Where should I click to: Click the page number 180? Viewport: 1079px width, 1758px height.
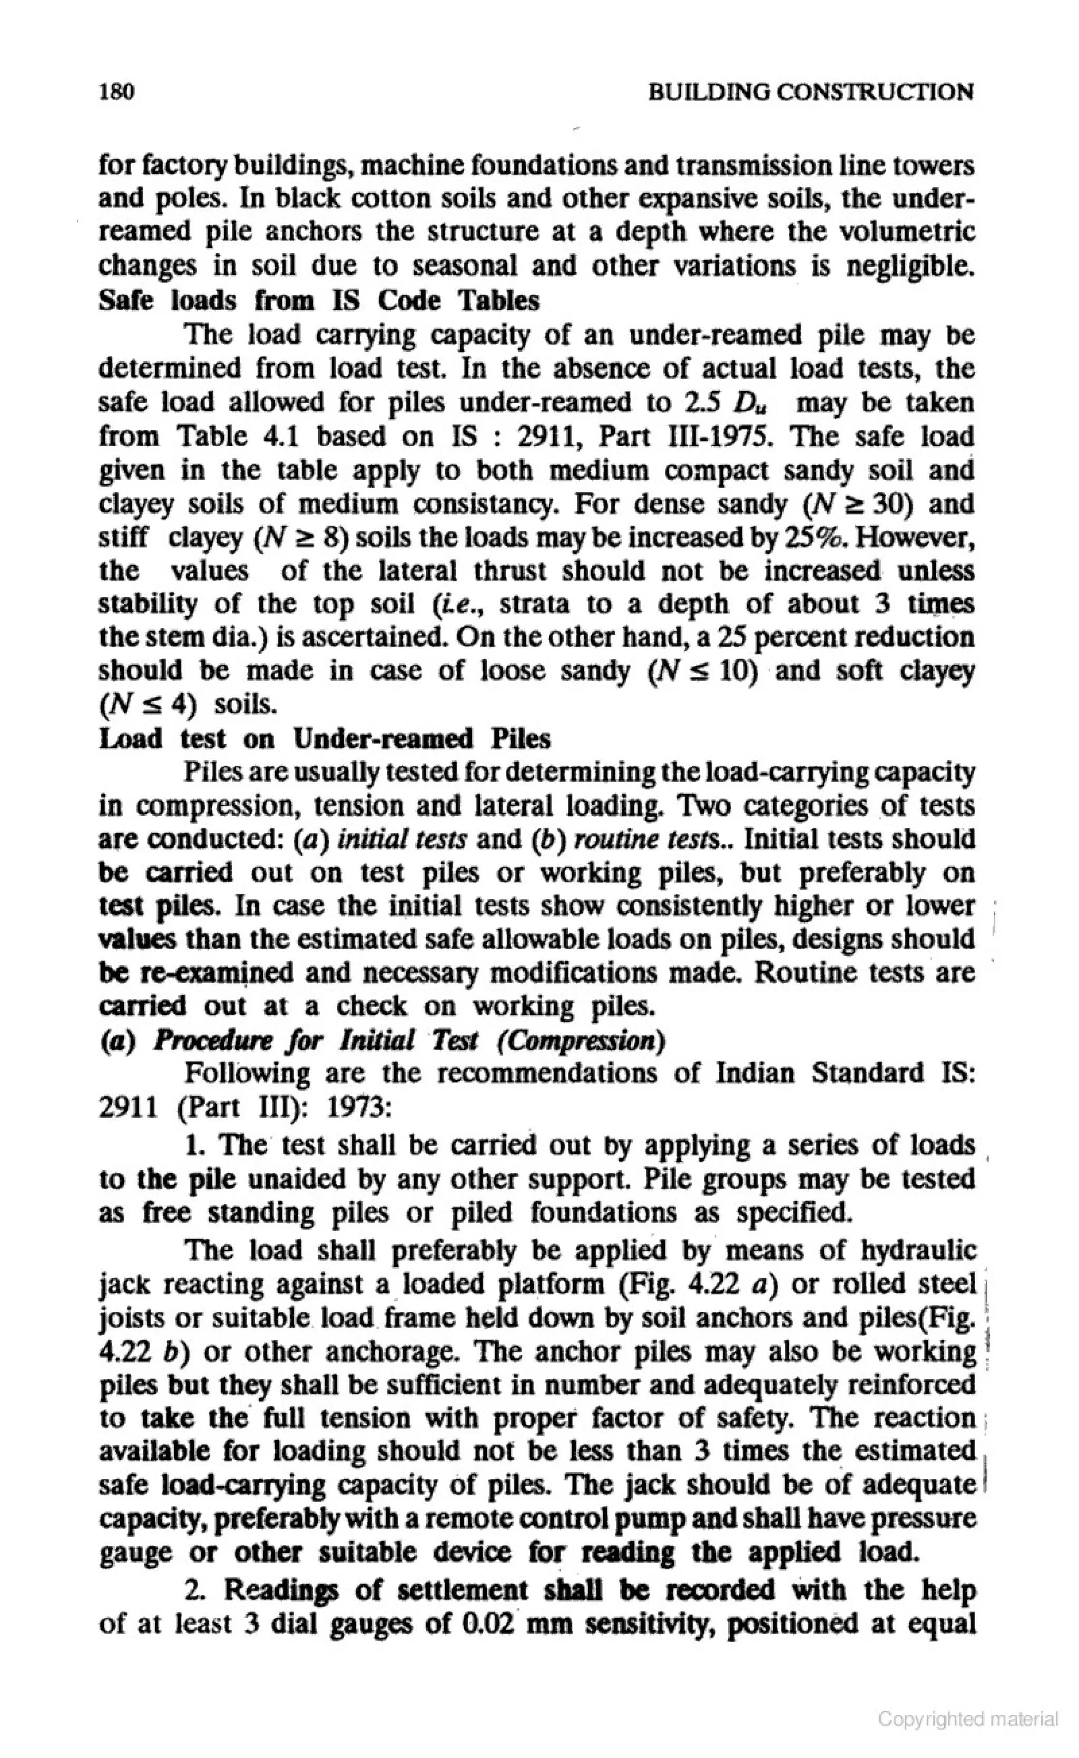click(x=117, y=92)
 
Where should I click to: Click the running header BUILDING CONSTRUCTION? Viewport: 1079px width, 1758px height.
click(x=810, y=93)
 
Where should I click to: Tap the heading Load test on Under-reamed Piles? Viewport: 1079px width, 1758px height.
click(x=325, y=738)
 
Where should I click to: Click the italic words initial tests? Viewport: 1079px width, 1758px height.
click(x=403, y=839)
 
